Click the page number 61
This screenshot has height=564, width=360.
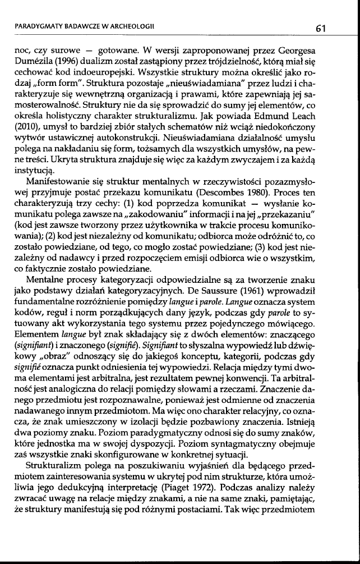[321, 27]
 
